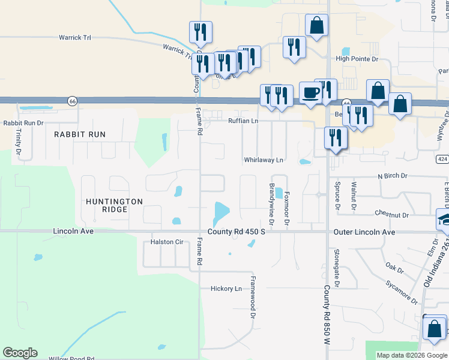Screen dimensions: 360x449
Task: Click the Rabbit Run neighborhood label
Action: click(79, 134)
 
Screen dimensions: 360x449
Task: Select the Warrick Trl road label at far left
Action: click(74, 38)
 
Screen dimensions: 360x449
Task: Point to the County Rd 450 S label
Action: click(236, 232)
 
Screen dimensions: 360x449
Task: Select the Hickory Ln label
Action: click(226, 289)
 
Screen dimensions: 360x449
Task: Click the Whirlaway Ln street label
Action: click(263, 160)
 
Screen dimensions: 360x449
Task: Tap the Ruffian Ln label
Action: click(243, 121)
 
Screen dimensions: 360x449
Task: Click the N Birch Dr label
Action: click(393, 176)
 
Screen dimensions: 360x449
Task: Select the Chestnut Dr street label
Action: click(391, 214)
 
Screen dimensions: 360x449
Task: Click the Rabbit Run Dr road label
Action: click(24, 123)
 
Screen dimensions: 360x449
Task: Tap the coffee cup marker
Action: click(310, 92)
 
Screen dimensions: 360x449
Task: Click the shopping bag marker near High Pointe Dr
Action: click(316, 26)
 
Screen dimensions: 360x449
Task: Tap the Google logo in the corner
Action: click(20, 353)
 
